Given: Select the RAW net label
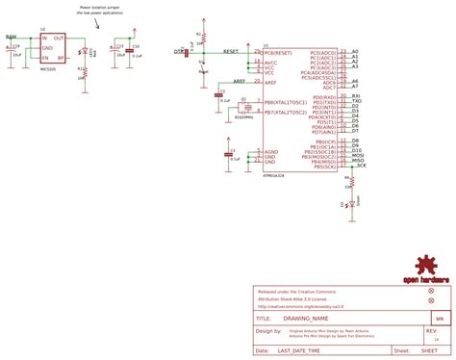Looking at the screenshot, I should tap(11, 37).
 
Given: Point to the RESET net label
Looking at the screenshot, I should tap(231, 49).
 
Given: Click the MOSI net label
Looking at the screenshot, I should tap(356, 156).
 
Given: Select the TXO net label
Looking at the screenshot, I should tap(356, 102).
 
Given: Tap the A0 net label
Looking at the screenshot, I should tap(355, 50).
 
